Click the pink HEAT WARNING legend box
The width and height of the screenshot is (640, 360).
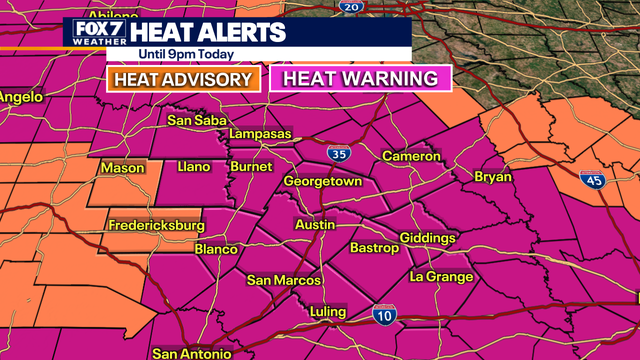click(x=360, y=79)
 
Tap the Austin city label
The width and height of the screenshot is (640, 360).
click(x=315, y=225)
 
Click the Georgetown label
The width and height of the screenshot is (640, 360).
click(x=323, y=182)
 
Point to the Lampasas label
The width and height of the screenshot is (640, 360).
click(x=259, y=134)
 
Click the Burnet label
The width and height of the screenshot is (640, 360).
click(x=251, y=166)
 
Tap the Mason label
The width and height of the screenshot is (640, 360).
click(x=121, y=169)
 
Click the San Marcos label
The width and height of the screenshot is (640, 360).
click(x=283, y=280)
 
